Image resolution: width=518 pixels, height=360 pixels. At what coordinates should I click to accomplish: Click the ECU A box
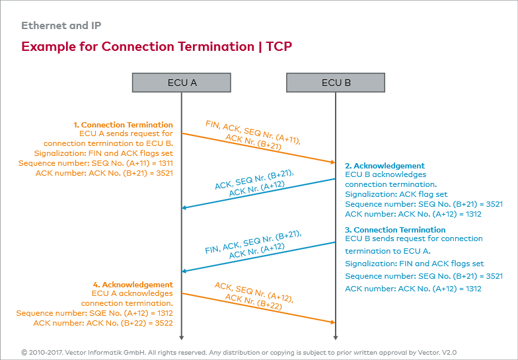[x=182, y=83]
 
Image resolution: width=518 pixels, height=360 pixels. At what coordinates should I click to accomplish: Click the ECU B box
[x=336, y=83]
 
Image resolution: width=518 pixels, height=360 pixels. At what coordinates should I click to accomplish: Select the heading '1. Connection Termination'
[x=123, y=125]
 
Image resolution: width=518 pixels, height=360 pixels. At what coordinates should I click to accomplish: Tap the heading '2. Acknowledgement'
[x=385, y=166]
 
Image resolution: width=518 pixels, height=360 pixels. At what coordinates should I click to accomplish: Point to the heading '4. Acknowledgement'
[x=133, y=285]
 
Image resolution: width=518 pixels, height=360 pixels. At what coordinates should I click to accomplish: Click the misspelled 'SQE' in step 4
[x=95, y=313]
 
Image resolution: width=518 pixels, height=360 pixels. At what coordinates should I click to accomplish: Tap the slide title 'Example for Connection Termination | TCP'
[x=157, y=47]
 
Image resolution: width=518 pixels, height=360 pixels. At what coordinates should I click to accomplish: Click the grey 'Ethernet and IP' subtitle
[x=61, y=26]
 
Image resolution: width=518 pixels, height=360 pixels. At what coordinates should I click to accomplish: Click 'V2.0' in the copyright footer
[x=447, y=353]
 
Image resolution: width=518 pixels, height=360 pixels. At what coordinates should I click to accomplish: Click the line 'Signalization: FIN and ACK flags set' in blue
[x=414, y=264]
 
